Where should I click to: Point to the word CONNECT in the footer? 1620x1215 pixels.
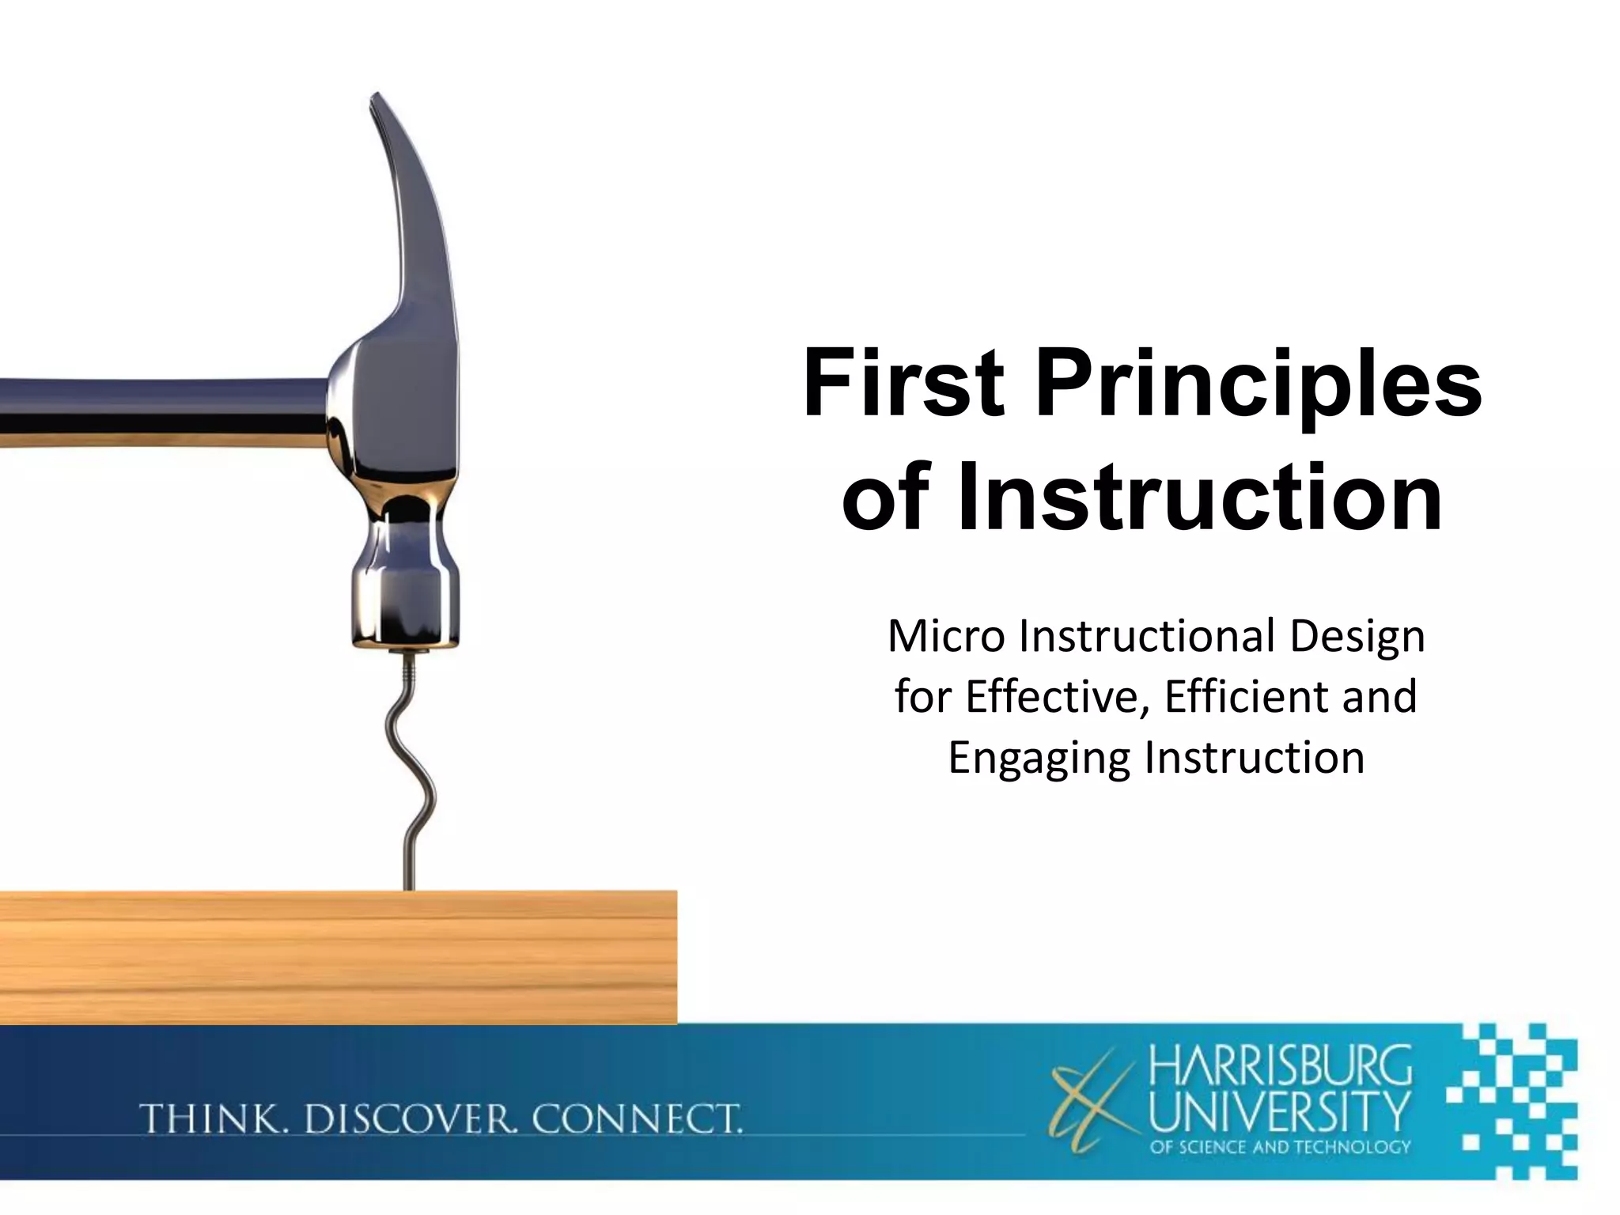click(x=638, y=1119)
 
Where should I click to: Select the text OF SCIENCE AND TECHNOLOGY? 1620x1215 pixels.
click(x=1279, y=1146)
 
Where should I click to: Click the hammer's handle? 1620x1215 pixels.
click(x=158, y=411)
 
